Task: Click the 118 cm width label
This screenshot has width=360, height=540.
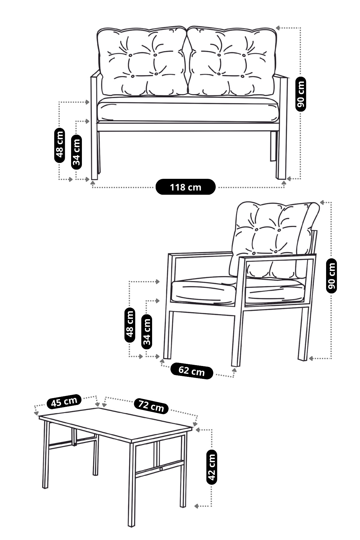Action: (x=185, y=187)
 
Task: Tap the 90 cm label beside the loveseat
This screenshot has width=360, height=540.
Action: (x=301, y=94)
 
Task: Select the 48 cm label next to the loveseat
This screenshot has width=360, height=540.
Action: (x=60, y=145)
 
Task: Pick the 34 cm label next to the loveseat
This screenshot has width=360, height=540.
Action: (x=76, y=152)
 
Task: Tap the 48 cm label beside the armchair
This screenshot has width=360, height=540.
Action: (x=130, y=325)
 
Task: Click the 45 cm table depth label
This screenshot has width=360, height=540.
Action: (x=64, y=401)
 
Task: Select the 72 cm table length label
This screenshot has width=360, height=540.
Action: (x=151, y=406)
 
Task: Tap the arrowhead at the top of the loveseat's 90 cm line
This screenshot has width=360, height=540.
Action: (x=278, y=28)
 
